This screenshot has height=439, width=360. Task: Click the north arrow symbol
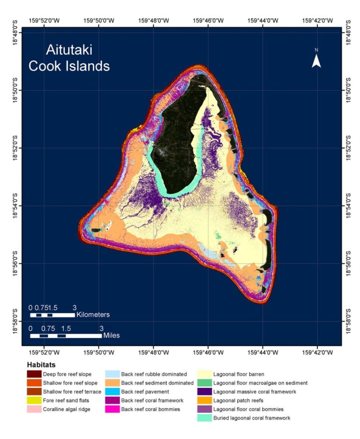pos(316,60)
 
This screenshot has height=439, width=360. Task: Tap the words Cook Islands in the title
pos(69,66)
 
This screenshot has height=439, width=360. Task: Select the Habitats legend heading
pos(41,364)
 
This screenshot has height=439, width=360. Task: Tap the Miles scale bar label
pos(112,336)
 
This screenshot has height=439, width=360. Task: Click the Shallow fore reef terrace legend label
pos(72,392)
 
